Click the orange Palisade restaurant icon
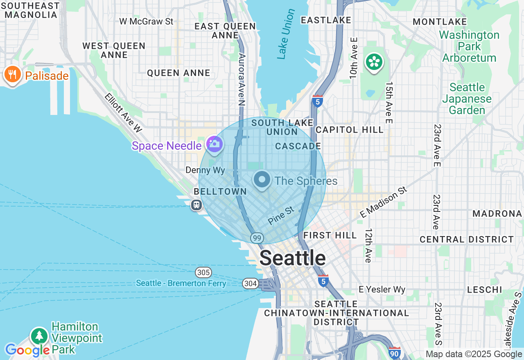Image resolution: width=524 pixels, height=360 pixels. (x=12, y=75)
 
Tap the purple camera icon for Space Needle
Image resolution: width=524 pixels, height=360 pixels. (x=214, y=144)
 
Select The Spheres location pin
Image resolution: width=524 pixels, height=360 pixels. (x=262, y=180)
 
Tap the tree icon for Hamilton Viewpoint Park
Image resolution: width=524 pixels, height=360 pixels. (x=39, y=336)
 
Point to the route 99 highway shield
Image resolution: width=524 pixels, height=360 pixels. (x=257, y=238)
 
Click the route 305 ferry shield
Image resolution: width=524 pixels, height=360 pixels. (x=203, y=272)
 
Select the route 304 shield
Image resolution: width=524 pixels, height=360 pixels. (x=250, y=283)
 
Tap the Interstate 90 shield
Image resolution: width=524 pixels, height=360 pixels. (x=394, y=353)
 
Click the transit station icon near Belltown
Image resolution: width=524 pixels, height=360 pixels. (x=196, y=205)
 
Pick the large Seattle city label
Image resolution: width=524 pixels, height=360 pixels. (x=293, y=258)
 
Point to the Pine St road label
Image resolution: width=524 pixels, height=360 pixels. (x=281, y=216)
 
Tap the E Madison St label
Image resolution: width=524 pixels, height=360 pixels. (x=384, y=202)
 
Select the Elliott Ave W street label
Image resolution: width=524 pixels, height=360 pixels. (x=123, y=113)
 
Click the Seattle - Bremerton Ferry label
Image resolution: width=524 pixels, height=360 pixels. (x=181, y=283)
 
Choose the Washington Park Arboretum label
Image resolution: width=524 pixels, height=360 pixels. (x=469, y=46)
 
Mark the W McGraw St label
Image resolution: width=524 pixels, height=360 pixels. (x=146, y=21)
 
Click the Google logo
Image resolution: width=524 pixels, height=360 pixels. (x=27, y=350)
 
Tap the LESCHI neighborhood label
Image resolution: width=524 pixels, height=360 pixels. (x=485, y=290)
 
